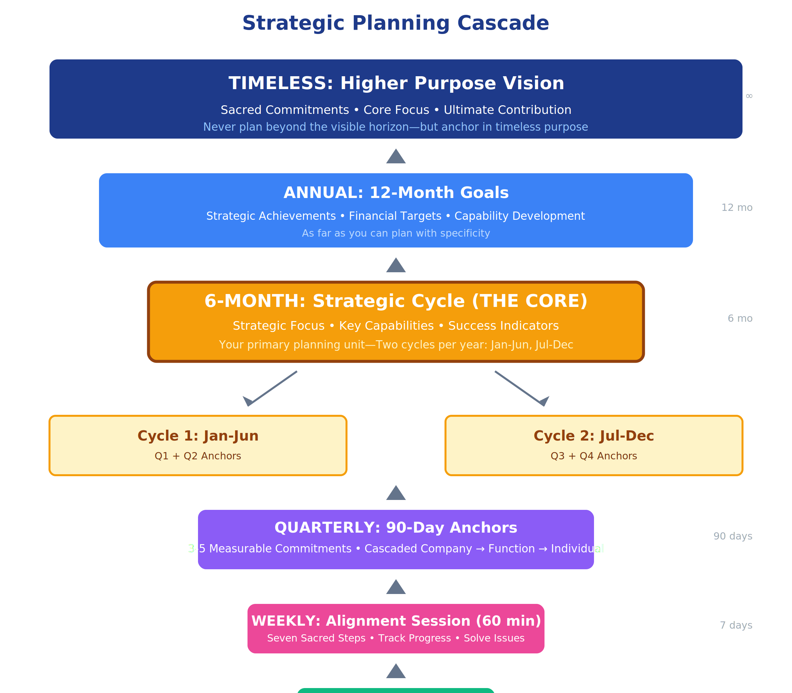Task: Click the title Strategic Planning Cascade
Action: click(x=396, y=23)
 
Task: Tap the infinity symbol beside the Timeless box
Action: click(x=749, y=96)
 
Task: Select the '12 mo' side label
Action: click(x=737, y=208)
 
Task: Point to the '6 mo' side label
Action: click(x=740, y=318)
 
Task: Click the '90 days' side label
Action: click(x=733, y=536)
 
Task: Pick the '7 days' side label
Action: click(x=736, y=625)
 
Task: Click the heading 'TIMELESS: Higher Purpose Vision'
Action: click(x=396, y=83)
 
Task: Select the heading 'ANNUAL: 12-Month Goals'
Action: click(x=396, y=193)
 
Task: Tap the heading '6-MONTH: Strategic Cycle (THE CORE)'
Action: click(x=396, y=301)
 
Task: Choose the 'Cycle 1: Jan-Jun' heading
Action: click(x=198, y=436)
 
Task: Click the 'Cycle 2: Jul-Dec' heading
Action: click(x=594, y=436)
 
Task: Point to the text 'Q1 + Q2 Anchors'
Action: click(x=198, y=456)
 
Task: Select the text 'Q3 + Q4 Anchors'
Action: click(x=594, y=456)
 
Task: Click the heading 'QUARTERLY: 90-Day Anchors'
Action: click(x=396, y=527)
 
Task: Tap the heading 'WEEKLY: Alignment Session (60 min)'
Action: click(x=396, y=621)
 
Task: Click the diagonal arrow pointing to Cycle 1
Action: click(x=271, y=389)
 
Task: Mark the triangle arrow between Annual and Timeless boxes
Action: click(x=396, y=157)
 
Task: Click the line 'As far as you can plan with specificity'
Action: click(x=396, y=233)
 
